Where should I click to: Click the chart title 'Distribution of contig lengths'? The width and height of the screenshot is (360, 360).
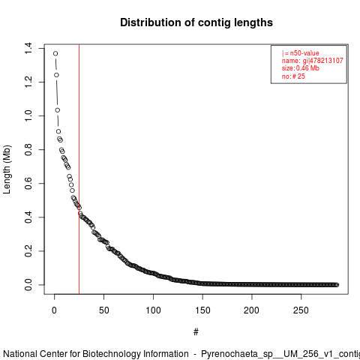pyautogui.click(x=196, y=22)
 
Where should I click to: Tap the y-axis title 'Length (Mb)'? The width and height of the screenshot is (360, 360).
pyautogui.click(x=7, y=169)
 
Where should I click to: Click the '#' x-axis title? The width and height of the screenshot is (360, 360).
pyautogui.click(x=196, y=331)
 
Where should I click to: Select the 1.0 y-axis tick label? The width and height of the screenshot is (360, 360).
pyautogui.click(x=28, y=115)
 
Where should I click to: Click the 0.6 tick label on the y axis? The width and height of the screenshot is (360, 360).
pyautogui.click(x=28, y=183)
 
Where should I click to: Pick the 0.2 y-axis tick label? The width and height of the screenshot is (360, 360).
pyautogui.click(x=28, y=250)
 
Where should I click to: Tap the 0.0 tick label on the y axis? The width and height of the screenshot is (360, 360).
pyautogui.click(x=28, y=285)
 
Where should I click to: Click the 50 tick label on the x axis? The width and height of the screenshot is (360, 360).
pyautogui.click(x=103, y=310)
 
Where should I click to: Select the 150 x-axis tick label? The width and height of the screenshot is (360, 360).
pyautogui.click(x=202, y=310)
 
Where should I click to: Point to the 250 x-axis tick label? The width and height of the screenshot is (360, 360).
pyautogui.click(x=301, y=310)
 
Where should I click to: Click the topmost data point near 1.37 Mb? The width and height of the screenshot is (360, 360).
pyautogui.click(x=55, y=53)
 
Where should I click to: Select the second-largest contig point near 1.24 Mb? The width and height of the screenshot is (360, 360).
pyautogui.click(x=56, y=75)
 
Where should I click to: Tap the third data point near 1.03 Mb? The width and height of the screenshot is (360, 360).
pyautogui.click(x=58, y=110)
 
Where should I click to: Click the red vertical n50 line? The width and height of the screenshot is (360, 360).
pyautogui.click(x=79, y=169)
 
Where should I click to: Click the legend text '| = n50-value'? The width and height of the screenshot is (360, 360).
pyautogui.click(x=301, y=53)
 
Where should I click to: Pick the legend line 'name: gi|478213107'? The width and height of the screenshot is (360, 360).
pyautogui.click(x=313, y=61)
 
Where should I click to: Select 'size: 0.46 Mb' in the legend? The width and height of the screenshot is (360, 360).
pyautogui.click(x=301, y=68)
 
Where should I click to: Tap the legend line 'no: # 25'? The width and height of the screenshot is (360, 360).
pyautogui.click(x=293, y=76)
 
